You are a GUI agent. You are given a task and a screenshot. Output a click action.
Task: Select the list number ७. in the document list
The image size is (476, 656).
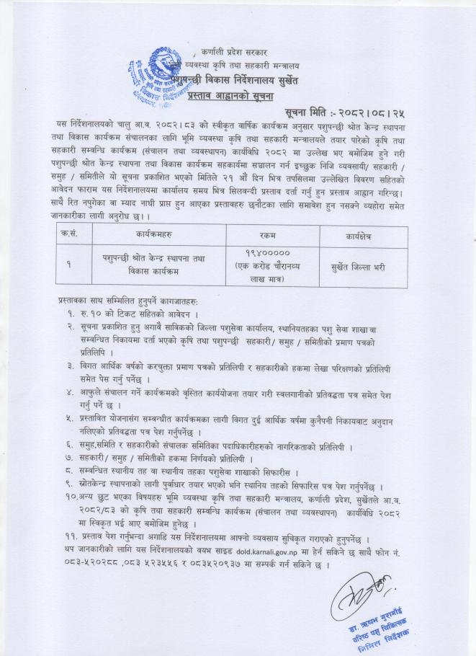coord(71,459)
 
